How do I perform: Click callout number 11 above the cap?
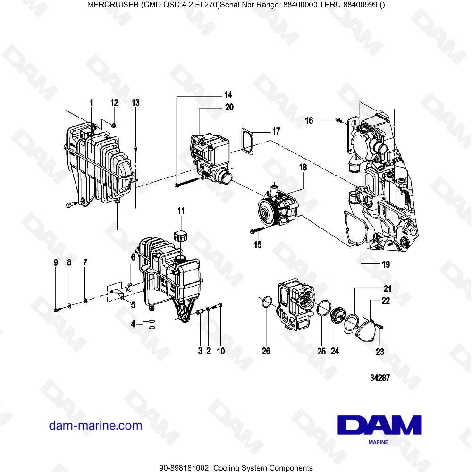[x=181, y=210]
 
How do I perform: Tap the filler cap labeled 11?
[x=180, y=235]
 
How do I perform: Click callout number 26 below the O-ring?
[x=266, y=351]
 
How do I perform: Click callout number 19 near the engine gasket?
[x=386, y=264]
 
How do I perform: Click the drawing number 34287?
[x=380, y=379]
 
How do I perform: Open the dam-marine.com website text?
[x=95, y=426]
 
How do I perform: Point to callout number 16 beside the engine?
[x=309, y=121]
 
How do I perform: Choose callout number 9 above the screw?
[x=56, y=262]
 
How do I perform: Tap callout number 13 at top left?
[x=135, y=102]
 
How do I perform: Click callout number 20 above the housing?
[x=229, y=107]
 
